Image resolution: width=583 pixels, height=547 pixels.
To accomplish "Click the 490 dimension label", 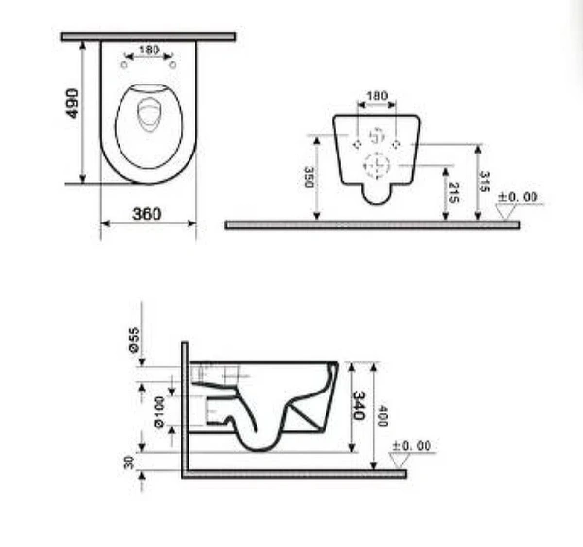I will (x=71, y=104).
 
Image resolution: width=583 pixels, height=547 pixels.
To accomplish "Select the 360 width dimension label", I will (x=148, y=214).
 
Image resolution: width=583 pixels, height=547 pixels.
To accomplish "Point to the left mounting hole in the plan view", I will (x=125, y=64).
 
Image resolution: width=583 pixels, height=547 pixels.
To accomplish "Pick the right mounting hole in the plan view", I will (x=172, y=64).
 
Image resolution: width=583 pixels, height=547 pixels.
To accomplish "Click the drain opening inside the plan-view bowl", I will (x=149, y=117).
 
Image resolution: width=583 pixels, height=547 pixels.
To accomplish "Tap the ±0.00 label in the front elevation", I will (x=517, y=197).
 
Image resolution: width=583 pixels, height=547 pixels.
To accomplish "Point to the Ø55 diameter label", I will (x=134, y=338).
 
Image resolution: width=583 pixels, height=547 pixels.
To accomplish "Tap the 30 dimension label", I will (x=129, y=462).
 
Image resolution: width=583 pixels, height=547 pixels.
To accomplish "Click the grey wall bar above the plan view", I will (x=148, y=36).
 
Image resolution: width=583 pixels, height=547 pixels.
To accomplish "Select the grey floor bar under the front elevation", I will (x=371, y=224).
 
